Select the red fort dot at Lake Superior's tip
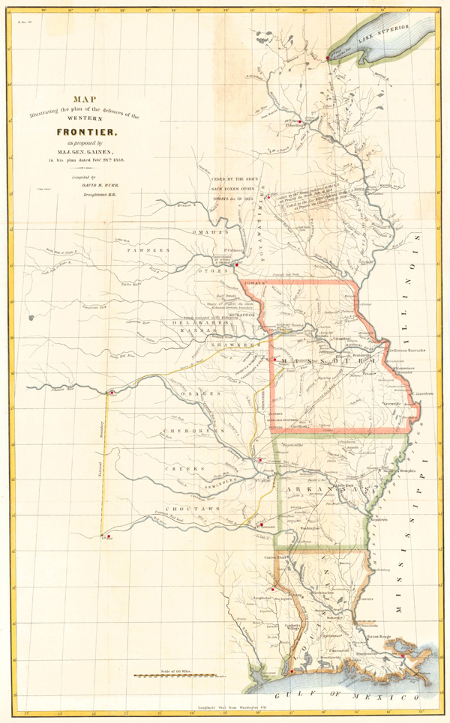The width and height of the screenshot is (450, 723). point(328,55)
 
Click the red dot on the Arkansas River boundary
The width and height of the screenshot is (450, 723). point(110,392)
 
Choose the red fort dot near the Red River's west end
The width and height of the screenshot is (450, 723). point(109,536)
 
